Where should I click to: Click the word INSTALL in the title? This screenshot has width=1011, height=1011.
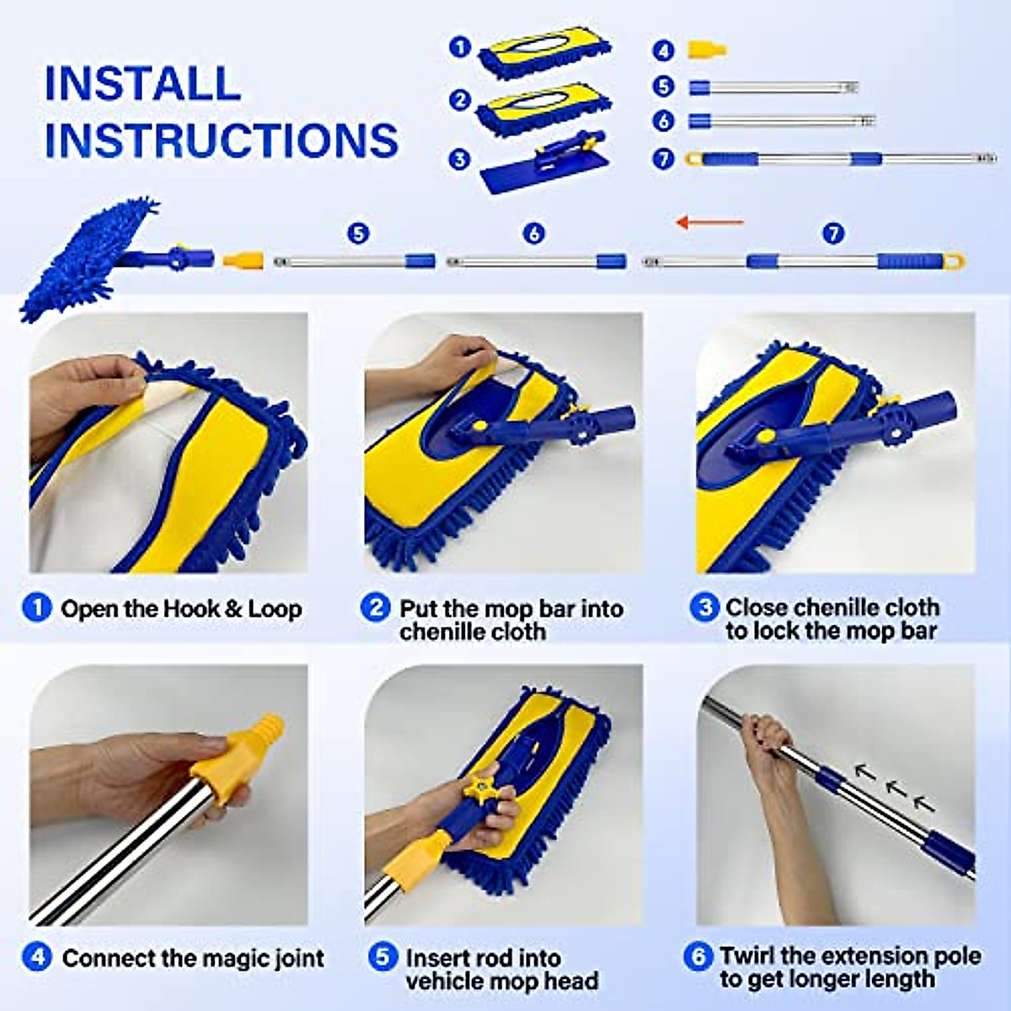(142, 83)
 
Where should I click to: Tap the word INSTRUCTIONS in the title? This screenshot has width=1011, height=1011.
(221, 140)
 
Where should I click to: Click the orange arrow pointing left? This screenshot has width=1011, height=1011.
(710, 222)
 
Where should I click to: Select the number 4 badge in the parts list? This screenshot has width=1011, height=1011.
(664, 51)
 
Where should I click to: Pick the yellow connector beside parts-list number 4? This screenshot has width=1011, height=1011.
(706, 50)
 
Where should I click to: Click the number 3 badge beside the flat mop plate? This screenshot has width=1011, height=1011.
(459, 158)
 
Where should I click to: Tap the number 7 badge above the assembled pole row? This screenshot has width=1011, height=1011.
(833, 233)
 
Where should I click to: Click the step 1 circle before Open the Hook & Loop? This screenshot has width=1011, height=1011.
(37, 607)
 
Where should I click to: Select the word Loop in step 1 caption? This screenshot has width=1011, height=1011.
(275, 608)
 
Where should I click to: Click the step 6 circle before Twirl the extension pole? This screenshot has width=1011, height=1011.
(698, 956)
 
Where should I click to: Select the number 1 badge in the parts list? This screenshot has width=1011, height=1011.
(459, 46)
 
